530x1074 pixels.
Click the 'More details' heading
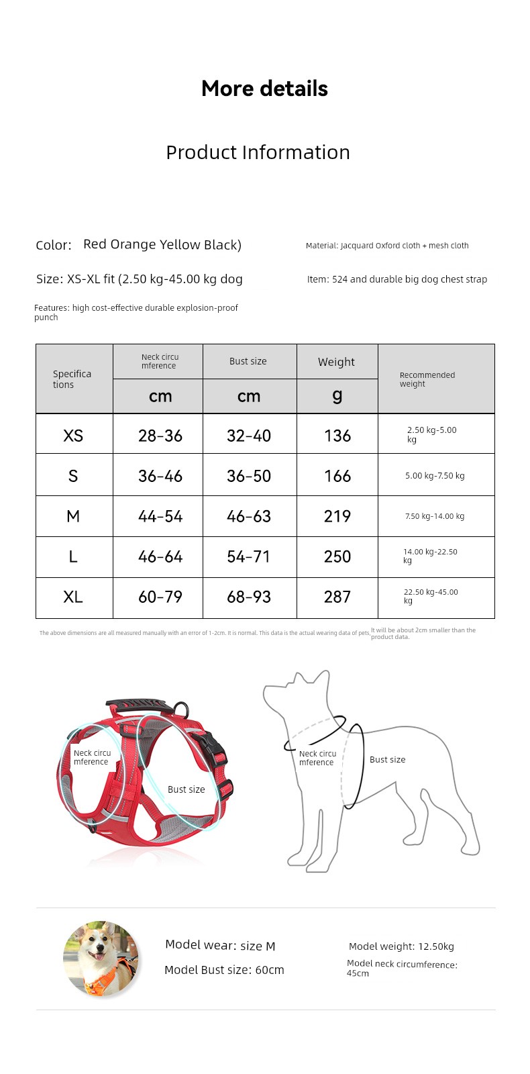click(264, 89)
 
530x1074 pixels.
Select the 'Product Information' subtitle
click(258, 152)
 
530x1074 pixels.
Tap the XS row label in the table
click(73, 436)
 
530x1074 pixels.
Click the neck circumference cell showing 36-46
click(160, 476)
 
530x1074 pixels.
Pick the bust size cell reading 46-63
click(249, 516)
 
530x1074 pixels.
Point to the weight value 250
click(337, 556)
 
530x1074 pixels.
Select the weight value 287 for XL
click(337, 597)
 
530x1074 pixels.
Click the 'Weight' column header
click(336, 362)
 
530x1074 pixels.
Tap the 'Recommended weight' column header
click(427, 379)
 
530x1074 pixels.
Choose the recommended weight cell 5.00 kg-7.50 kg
click(435, 476)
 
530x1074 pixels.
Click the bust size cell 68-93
click(249, 597)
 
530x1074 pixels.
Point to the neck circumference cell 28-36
click(160, 436)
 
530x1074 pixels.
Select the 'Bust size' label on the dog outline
click(388, 760)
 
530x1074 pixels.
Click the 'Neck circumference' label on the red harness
click(92, 757)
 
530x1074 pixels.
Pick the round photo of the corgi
click(101, 959)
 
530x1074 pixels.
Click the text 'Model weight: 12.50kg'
click(401, 946)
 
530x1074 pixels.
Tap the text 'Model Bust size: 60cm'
click(224, 970)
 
